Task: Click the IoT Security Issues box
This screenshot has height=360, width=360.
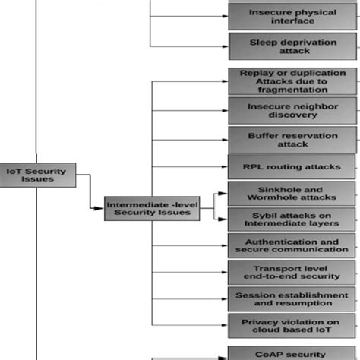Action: [36, 175]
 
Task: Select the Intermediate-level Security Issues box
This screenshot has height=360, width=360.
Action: [151, 207]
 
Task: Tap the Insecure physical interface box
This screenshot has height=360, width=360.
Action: [292, 16]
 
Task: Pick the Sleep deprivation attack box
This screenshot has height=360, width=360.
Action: [292, 46]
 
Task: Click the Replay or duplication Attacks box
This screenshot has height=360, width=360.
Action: [292, 81]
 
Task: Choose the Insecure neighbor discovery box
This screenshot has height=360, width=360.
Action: [292, 111]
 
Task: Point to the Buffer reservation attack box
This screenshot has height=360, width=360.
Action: [292, 140]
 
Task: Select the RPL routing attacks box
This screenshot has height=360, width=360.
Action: [292, 166]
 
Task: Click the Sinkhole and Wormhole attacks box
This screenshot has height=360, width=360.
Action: [292, 193]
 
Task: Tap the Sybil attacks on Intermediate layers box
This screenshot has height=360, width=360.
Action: [292, 219]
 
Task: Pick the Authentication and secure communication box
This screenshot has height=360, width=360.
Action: [292, 245]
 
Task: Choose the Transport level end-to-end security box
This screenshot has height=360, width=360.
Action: [292, 273]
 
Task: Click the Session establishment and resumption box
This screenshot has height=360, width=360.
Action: [292, 299]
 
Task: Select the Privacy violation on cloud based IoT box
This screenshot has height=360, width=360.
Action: [292, 326]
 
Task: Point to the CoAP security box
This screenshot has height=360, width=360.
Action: [292, 353]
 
